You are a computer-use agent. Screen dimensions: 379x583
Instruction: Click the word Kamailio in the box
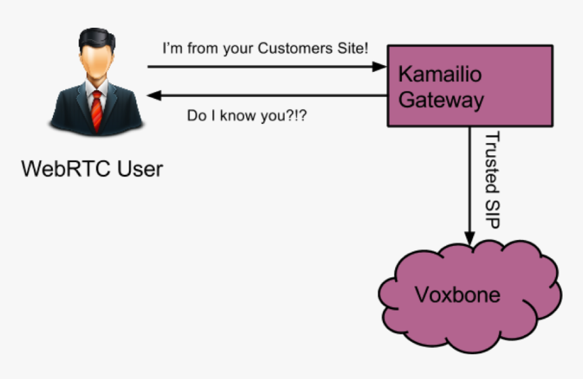pyautogui.click(x=440, y=73)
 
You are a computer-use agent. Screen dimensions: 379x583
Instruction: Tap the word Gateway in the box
pyautogui.click(x=441, y=100)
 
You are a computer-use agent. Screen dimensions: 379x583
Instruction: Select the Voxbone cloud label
pyautogui.click(x=458, y=295)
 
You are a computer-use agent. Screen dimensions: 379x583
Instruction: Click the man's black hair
pyautogui.click(x=96, y=37)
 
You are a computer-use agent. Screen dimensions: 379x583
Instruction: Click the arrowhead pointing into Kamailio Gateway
pyautogui.click(x=380, y=67)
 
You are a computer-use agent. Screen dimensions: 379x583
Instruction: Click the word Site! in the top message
pyautogui.click(x=354, y=49)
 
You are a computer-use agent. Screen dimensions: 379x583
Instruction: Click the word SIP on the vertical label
pyautogui.click(x=493, y=214)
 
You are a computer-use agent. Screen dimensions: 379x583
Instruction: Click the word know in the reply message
pyautogui.click(x=239, y=116)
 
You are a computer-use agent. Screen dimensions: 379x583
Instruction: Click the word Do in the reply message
pyautogui.click(x=196, y=116)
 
